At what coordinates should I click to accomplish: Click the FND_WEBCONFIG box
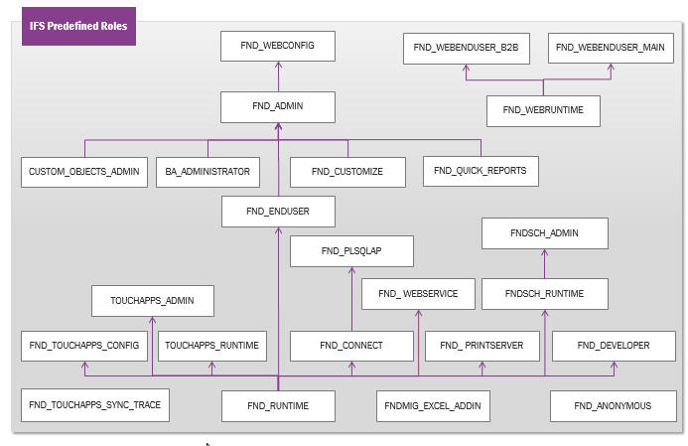click(x=278, y=46)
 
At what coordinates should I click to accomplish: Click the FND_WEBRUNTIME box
click(x=543, y=109)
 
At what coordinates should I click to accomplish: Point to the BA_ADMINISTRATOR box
click(x=207, y=172)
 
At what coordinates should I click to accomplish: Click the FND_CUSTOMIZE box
click(x=346, y=172)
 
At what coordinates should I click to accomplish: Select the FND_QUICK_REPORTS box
click(x=480, y=171)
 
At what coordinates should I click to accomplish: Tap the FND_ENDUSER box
click(x=278, y=212)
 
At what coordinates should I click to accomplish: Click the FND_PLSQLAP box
click(x=351, y=251)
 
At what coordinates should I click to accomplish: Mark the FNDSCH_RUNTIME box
click(x=543, y=293)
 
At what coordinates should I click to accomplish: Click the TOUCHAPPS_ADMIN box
click(x=151, y=300)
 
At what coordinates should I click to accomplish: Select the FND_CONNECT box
click(x=350, y=345)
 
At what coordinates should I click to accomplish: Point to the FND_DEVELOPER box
click(x=615, y=345)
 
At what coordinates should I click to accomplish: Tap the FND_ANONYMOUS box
click(x=614, y=405)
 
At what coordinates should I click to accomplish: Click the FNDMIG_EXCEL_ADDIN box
click(x=433, y=405)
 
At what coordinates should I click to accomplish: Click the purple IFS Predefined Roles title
click(x=78, y=26)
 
